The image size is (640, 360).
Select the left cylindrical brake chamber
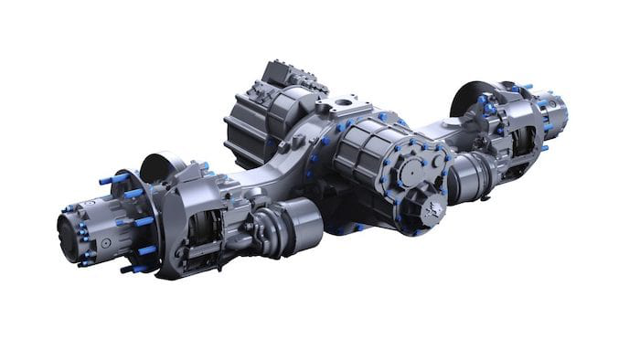pos(296,224)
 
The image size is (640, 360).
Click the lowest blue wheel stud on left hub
pos(137,269)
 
